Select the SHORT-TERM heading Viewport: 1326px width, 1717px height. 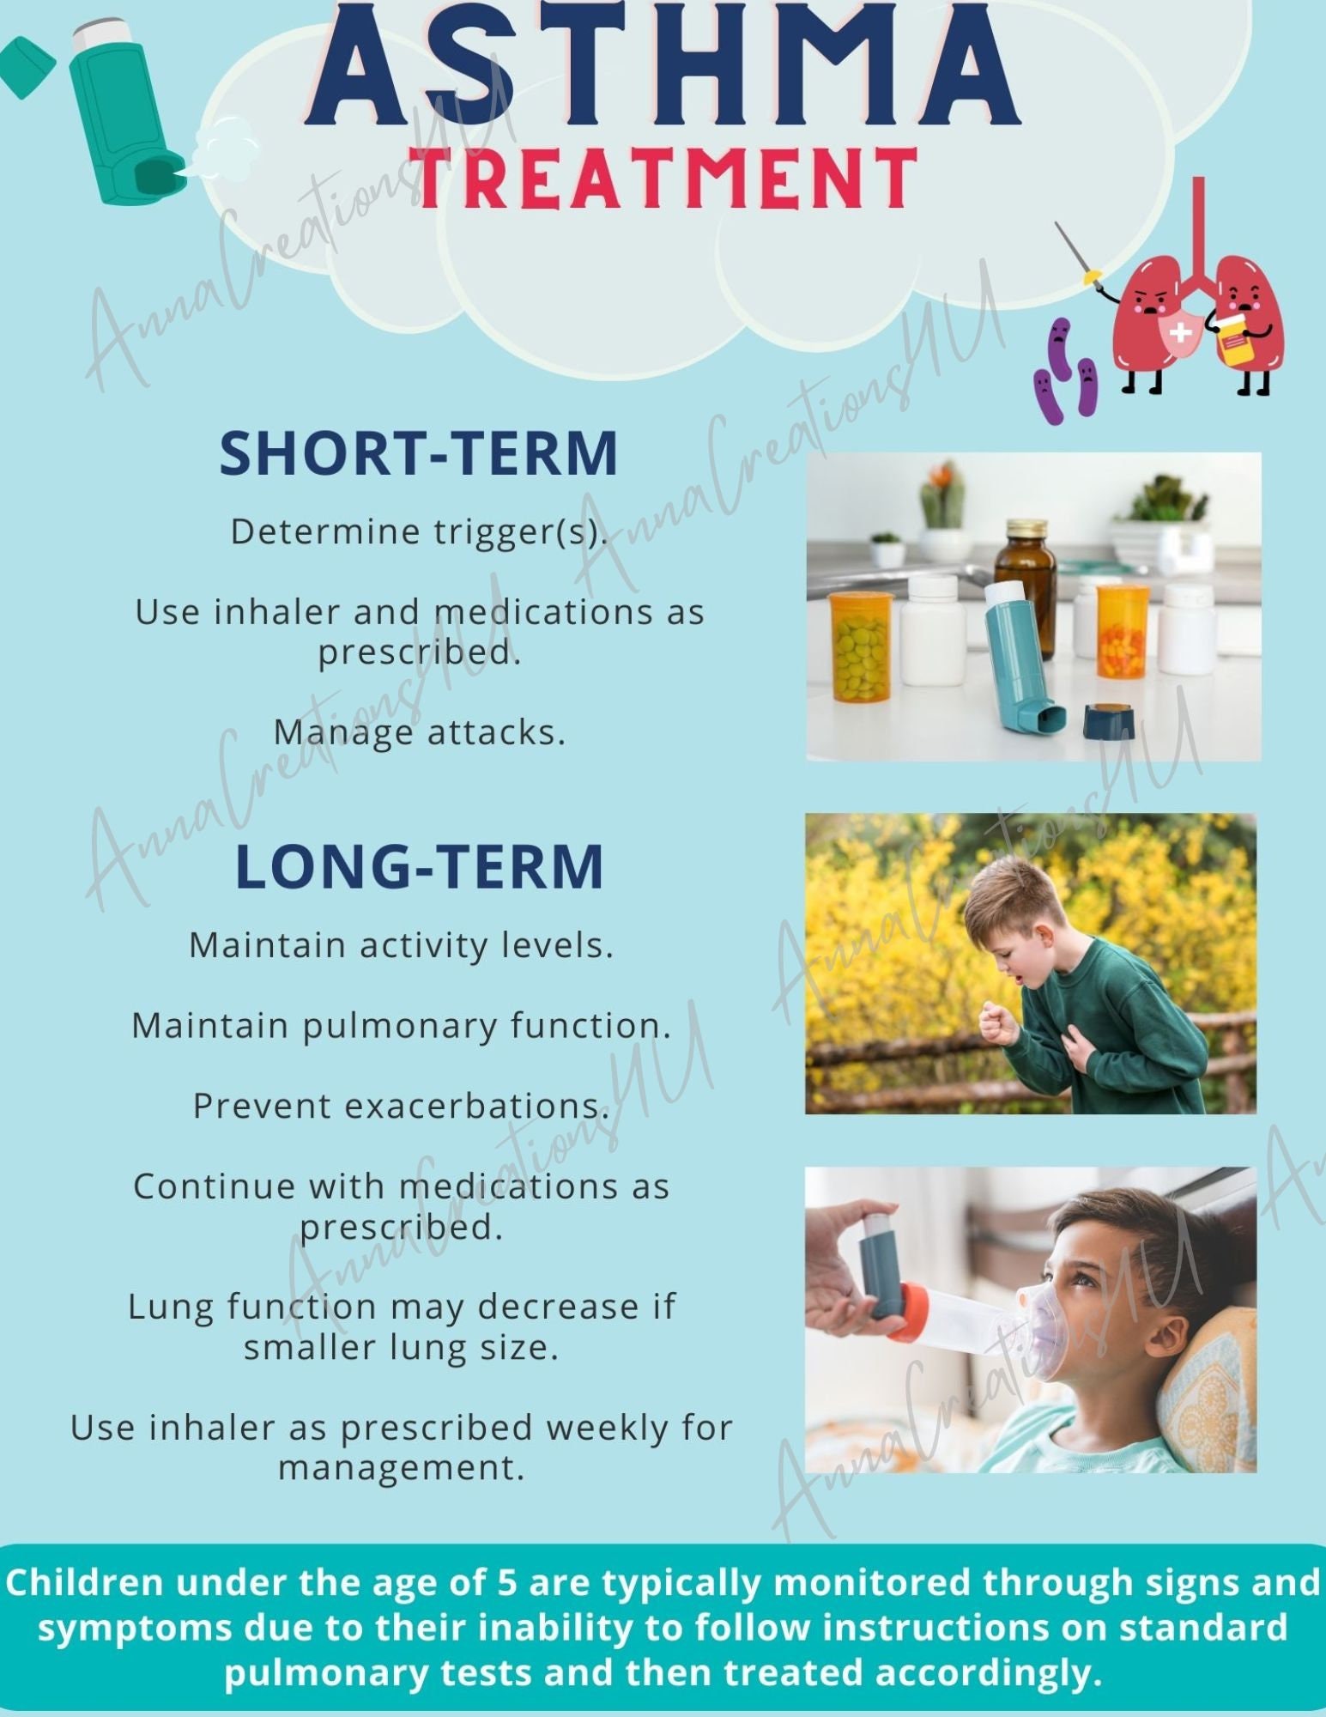(418, 453)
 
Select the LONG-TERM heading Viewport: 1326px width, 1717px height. (419, 866)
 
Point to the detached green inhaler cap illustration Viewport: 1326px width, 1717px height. (24, 67)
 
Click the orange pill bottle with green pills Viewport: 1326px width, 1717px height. (861, 646)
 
